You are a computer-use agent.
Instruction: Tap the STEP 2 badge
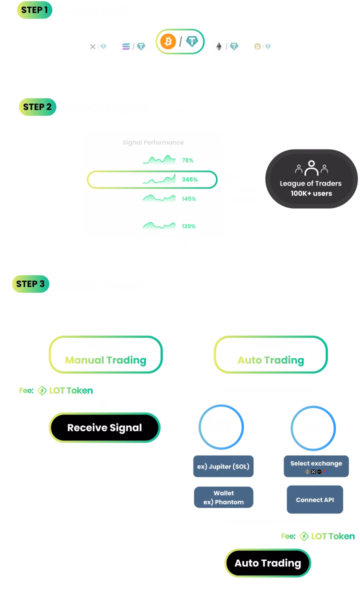coord(37,106)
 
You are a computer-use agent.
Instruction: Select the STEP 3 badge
coord(30,284)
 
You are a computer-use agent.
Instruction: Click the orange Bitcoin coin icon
coord(168,42)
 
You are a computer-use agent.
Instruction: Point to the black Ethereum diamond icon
coord(218,46)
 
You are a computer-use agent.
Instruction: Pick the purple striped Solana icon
coord(125,46)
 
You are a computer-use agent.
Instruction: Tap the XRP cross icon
coord(92,46)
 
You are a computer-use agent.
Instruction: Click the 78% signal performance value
coord(187,160)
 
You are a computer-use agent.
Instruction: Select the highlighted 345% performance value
coord(190,179)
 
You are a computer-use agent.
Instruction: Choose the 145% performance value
coord(188,198)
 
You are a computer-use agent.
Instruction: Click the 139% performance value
coord(188,226)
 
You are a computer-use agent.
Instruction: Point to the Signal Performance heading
coord(153,142)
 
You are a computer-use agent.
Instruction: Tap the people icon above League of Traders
coord(311,167)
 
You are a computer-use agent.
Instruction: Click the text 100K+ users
coord(311,193)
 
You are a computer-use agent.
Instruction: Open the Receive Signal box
coord(104,427)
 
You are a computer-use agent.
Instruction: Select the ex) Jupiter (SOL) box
coord(223,466)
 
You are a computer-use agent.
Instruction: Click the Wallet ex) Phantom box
coord(223,497)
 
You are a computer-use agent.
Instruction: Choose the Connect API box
coord(314,499)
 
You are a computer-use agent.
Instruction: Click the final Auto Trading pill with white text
coord(267,563)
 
